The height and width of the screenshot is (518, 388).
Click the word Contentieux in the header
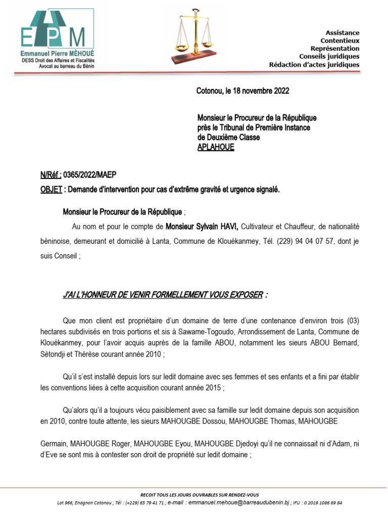click(x=339, y=40)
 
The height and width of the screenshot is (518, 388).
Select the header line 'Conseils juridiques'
click(x=329, y=56)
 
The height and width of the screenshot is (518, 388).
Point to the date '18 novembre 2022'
click(x=258, y=91)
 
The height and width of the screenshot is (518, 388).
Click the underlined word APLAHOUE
click(x=216, y=147)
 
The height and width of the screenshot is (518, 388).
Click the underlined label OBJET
click(x=50, y=189)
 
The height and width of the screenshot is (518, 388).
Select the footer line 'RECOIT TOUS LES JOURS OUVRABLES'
click(x=199, y=494)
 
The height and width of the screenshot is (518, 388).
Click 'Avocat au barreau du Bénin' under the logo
click(x=60, y=66)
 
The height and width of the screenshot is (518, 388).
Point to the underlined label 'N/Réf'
click(x=50, y=175)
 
